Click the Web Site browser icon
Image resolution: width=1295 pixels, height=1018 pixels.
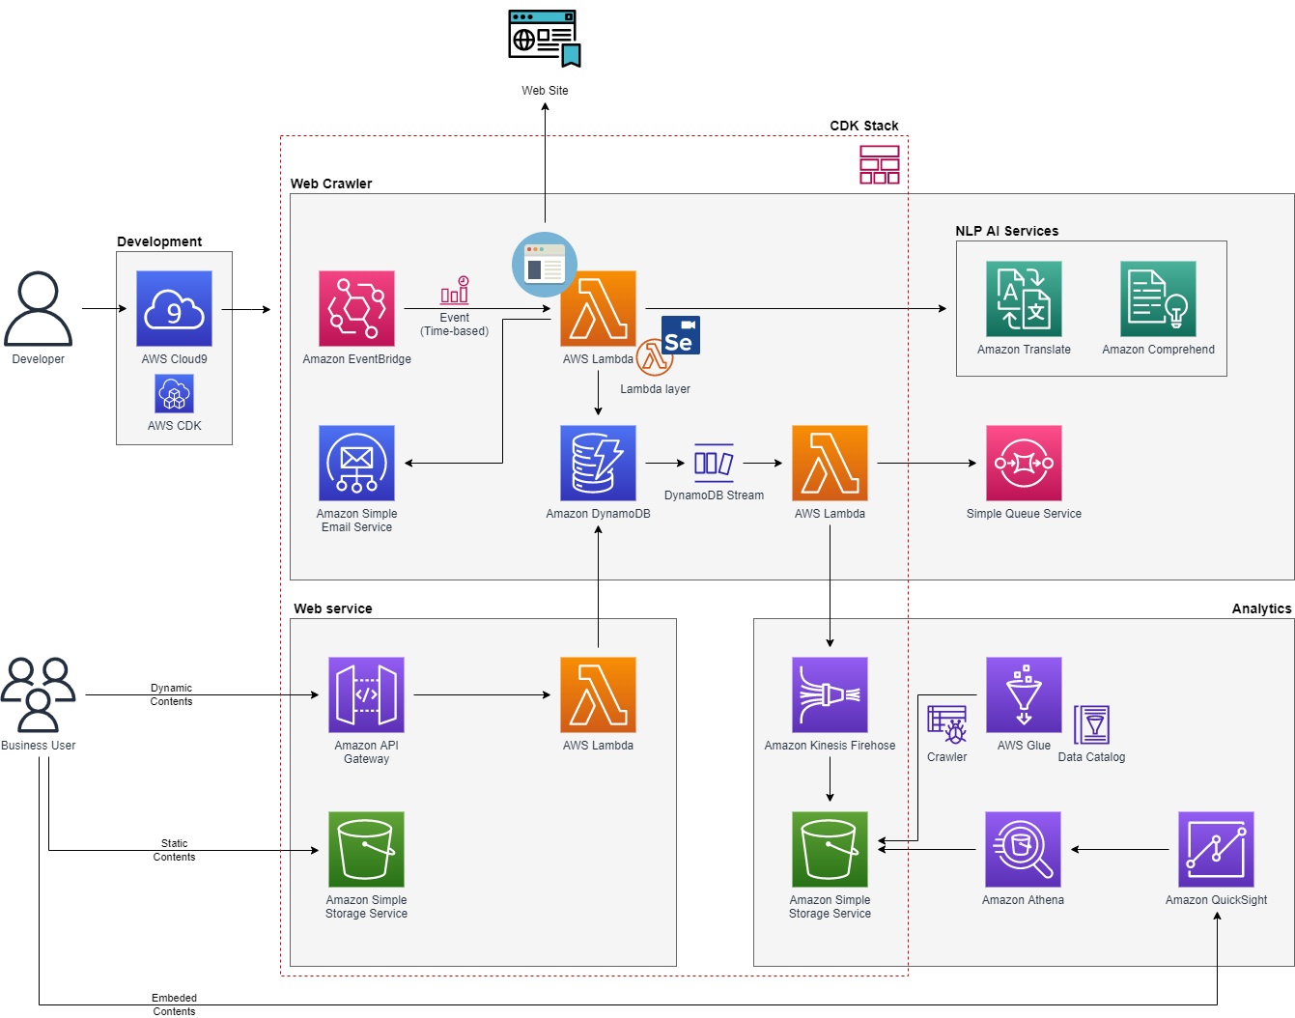click(x=544, y=38)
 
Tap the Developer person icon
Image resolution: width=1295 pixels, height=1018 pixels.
click(x=38, y=308)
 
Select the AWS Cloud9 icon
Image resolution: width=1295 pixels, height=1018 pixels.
click(x=174, y=308)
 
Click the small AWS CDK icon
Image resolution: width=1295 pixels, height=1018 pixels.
click(x=174, y=393)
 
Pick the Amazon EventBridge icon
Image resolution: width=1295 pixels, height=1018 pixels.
click(x=356, y=308)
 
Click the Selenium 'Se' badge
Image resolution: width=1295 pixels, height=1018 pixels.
click(x=681, y=335)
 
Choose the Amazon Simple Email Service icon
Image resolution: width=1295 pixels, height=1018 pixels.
click(x=356, y=463)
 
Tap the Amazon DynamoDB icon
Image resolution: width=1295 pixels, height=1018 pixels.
click(x=598, y=463)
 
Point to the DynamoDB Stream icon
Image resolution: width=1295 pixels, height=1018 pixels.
click(x=714, y=463)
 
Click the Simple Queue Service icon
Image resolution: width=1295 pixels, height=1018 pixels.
click(x=1024, y=463)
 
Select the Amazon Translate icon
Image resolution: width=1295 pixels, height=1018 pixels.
click(x=1024, y=298)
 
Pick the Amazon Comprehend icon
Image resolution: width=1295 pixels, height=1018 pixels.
click(x=1157, y=298)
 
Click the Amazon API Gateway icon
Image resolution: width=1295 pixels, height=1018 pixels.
click(x=366, y=694)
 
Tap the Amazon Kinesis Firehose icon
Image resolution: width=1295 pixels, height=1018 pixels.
click(x=830, y=694)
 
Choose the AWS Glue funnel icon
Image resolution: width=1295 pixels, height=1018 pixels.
click(x=1024, y=694)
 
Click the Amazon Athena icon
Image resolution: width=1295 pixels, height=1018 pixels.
click(x=1023, y=849)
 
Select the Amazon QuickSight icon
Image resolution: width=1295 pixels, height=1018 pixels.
click(x=1216, y=849)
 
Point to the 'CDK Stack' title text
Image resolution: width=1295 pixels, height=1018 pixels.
click(x=863, y=126)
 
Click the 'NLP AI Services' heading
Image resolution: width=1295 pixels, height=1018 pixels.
click(x=1006, y=231)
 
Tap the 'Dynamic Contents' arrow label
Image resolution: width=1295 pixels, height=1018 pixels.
click(x=171, y=694)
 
